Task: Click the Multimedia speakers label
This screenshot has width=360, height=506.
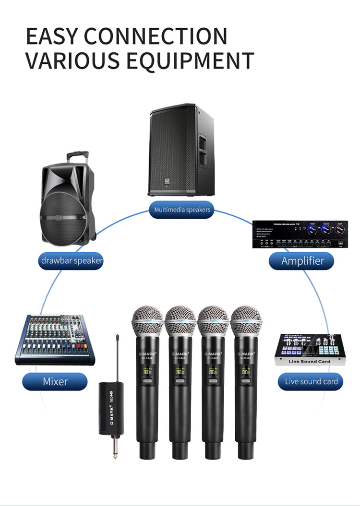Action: (x=182, y=210)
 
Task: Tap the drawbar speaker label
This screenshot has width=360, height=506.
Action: (x=72, y=261)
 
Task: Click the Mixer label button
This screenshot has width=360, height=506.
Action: (x=55, y=382)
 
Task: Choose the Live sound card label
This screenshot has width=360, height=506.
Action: (x=311, y=382)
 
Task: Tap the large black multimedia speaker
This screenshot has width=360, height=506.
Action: (x=181, y=151)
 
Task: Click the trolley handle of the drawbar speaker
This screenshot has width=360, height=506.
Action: (x=77, y=156)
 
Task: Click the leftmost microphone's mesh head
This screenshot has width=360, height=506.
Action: (x=148, y=321)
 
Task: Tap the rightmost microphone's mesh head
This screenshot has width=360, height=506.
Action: (x=246, y=321)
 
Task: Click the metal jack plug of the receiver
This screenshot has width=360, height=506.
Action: (x=115, y=446)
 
